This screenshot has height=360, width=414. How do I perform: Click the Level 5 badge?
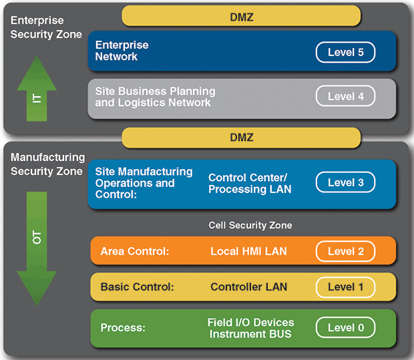[345, 52]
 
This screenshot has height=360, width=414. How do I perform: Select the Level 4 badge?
[345, 96]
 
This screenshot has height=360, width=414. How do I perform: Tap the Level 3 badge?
[345, 182]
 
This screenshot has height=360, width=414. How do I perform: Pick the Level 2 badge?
[345, 251]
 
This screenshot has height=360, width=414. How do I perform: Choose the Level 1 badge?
[345, 287]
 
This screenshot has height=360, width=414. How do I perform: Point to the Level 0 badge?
[345, 327]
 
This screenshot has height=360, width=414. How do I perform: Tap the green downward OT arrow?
[36, 240]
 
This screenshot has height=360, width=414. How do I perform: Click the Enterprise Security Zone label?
[46, 27]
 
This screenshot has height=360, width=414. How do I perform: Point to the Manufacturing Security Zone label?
[47, 164]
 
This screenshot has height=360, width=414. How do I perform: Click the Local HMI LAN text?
[249, 251]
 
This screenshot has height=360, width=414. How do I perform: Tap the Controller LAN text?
[248, 287]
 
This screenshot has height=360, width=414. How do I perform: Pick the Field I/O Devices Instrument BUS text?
[250, 327]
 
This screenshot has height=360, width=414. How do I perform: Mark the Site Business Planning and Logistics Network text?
[155, 97]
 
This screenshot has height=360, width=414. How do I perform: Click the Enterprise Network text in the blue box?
[122, 51]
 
